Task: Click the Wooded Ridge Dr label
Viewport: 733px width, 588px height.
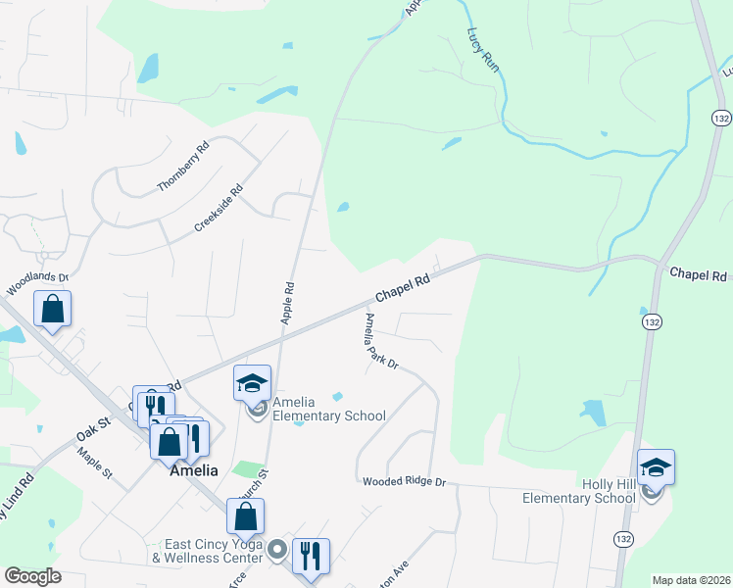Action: tap(404, 482)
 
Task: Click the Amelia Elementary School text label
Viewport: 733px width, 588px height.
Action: tap(328, 409)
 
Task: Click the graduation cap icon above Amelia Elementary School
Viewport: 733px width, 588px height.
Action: tap(252, 383)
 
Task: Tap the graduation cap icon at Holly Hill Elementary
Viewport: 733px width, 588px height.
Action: tap(656, 467)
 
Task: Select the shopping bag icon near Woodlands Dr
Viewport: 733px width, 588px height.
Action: tap(52, 309)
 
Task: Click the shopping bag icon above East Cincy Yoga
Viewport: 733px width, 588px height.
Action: tap(245, 516)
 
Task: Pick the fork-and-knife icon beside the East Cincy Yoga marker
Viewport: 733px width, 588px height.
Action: tap(311, 555)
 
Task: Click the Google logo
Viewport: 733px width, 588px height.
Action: tap(32, 576)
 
